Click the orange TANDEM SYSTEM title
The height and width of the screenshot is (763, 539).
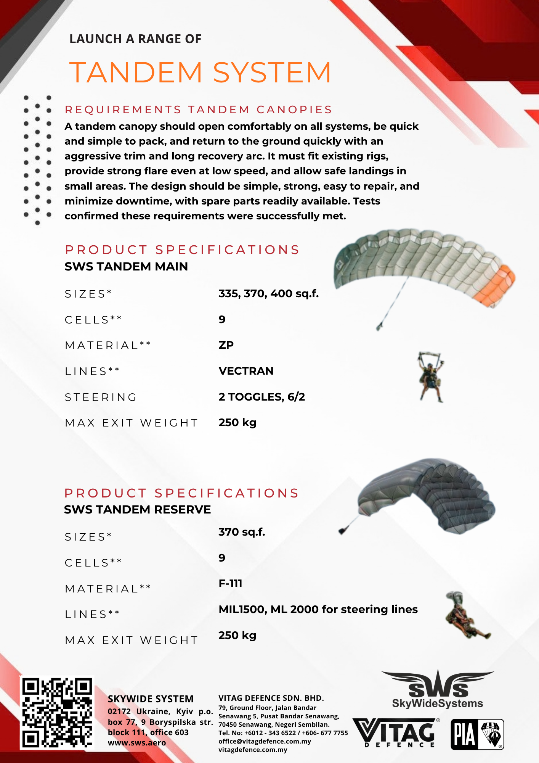pos(200,72)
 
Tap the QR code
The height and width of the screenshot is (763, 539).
pos(57,713)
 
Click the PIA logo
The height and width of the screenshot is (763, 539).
pos(477,734)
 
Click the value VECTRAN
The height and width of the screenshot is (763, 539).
pos(246,371)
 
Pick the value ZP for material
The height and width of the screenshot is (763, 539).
pos(226,345)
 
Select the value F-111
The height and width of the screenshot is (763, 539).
pos(230,583)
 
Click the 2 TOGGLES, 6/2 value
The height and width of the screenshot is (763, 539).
pos(261,397)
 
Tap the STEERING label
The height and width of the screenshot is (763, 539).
pos(101,397)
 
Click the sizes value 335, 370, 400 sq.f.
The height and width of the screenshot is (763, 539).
pos(268,293)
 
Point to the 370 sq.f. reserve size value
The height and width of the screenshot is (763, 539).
pos(242,532)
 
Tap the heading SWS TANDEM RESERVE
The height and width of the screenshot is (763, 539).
pos(137,509)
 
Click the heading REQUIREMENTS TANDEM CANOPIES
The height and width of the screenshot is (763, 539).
pos(198,109)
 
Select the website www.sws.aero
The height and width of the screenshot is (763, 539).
pos(137,743)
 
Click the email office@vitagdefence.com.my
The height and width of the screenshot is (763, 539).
pos(265,741)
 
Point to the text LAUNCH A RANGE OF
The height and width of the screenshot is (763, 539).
pos(135,39)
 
